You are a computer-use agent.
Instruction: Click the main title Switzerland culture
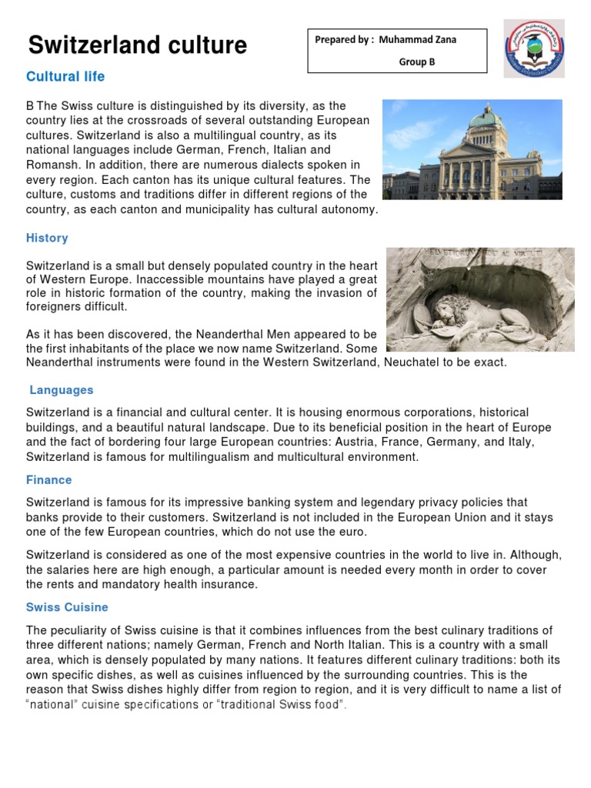(x=138, y=45)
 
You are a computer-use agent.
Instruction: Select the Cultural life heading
(x=65, y=77)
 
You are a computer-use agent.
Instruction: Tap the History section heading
(x=47, y=239)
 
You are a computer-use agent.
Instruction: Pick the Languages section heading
(x=62, y=391)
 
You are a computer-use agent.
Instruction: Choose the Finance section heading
(x=49, y=480)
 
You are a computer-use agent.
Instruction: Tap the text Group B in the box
(x=416, y=62)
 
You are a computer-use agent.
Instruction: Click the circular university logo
(x=534, y=49)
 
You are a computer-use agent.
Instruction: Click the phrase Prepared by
(x=342, y=40)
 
